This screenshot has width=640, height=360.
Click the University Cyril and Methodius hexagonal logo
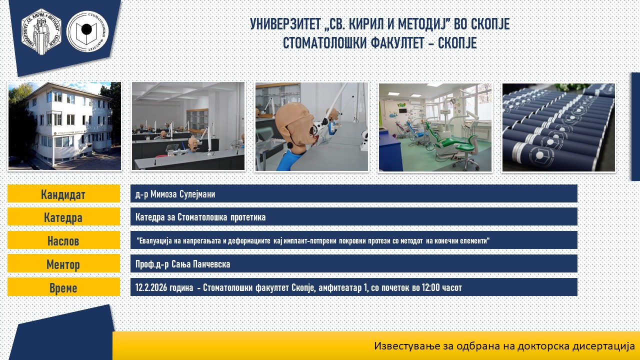[41, 31]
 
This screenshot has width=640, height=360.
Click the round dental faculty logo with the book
[87, 31]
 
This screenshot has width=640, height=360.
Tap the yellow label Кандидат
[63, 193]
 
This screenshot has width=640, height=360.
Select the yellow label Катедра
[63, 217]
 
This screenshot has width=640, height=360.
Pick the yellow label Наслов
[63, 240]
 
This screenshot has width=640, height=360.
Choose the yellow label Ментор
[63, 263]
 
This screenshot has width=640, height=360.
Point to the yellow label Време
[63, 287]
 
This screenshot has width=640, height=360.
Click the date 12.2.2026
[151, 287]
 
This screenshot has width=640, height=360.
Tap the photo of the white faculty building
[64, 126]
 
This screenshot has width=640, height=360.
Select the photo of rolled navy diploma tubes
[558, 127]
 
